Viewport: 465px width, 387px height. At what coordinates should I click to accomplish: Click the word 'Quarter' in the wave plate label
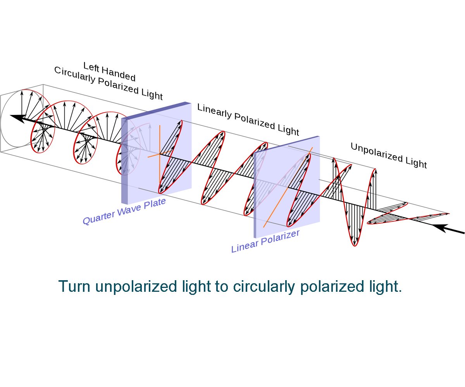(98, 217)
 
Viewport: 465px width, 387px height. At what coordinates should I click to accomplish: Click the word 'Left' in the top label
(91, 67)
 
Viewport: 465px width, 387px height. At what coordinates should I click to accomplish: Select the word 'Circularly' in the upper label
(75, 75)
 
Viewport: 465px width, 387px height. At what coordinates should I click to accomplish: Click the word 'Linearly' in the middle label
(214, 111)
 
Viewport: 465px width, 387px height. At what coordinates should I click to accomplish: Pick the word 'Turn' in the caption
(74, 286)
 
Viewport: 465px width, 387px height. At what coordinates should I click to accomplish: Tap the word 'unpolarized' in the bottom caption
(136, 287)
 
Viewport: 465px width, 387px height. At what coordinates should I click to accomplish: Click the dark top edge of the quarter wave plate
(156, 110)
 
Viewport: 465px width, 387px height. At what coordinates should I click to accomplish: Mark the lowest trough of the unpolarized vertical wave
(355, 245)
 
